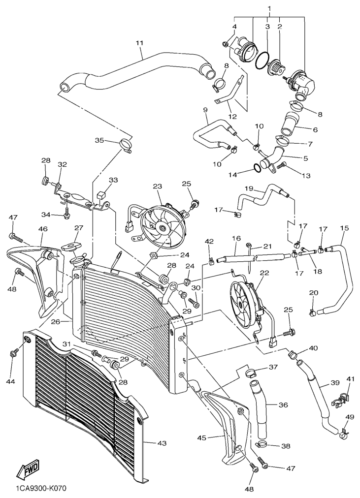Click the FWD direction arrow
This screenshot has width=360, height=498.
29,469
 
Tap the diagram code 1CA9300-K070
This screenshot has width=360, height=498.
40,489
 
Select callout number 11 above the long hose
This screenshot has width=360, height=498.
139,43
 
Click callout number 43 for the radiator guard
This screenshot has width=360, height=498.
163,443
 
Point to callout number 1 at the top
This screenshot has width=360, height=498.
269,9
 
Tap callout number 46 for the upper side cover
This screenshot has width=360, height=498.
43,229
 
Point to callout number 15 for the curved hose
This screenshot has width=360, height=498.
344,228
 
